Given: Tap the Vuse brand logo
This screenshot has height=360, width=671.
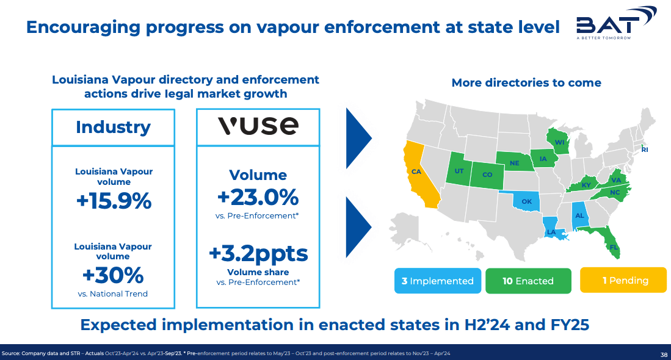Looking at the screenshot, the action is tap(258, 126).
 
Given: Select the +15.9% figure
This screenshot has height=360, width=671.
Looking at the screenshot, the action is tap(114, 201).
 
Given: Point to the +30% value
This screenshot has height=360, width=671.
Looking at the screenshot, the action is tap(113, 275).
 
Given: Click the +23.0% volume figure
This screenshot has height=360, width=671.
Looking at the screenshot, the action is tap(258, 197).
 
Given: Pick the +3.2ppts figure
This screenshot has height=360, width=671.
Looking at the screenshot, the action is tap(258, 254).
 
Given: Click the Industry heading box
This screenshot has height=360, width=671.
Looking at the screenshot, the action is tap(114, 127).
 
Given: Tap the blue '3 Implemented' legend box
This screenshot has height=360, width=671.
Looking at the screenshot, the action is tap(438, 281).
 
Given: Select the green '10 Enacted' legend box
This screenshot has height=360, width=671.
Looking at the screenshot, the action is tap(528, 281).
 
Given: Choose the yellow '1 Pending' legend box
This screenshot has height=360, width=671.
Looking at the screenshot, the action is tap(623, 280).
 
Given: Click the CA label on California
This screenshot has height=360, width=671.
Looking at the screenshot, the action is tap(416, 172).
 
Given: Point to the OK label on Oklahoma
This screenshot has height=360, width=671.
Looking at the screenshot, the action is tap(527, 201).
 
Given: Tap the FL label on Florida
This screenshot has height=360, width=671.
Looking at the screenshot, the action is tap(614, 247).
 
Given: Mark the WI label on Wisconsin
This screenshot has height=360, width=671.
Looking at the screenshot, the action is tap(560, 142).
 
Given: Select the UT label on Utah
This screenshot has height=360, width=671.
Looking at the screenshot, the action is tap(459, 171).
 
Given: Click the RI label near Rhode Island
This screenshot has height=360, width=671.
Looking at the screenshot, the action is tap(645, 149).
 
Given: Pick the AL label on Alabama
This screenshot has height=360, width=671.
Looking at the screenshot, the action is tap(579, 215).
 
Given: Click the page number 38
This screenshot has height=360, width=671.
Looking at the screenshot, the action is tap(664, 355).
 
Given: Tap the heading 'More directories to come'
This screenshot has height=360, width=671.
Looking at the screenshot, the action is tap(526, 82).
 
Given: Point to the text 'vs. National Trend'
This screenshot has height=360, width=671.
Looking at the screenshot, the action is tap(113, 293).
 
